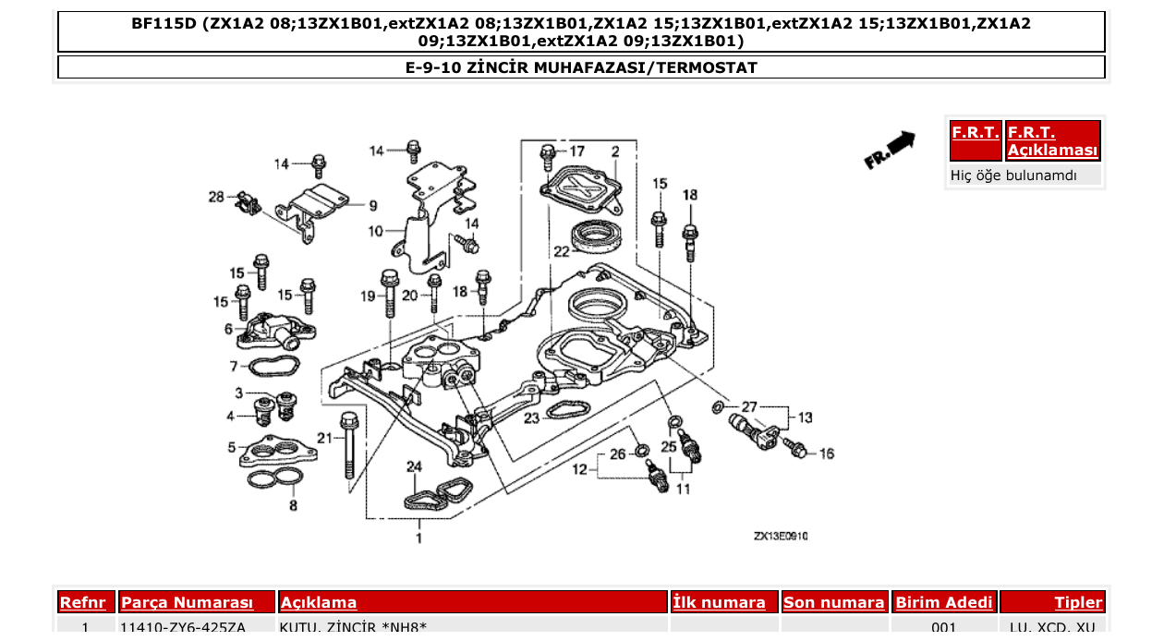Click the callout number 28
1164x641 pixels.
tap(216, 197)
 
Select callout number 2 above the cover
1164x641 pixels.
tap(614, 151)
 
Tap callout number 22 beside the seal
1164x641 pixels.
tap(561, 250)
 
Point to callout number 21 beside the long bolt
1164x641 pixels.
tap(324, 437)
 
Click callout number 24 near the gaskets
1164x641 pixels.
tap(414, 466)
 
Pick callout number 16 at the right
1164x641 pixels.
tap(826, 454)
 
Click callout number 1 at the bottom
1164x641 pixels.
tap(418, 537)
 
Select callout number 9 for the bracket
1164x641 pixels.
tap(373, 205)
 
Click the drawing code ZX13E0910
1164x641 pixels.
tap(780, 536)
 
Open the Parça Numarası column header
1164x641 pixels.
tap(188, 603)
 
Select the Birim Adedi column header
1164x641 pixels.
tap(944, 603)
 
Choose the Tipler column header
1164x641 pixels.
tap(1078, 603)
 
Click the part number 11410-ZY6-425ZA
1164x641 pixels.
tap(184, 628)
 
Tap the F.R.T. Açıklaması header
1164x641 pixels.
tap(1052, 141)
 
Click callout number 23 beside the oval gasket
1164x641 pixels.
tap(531, 418)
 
